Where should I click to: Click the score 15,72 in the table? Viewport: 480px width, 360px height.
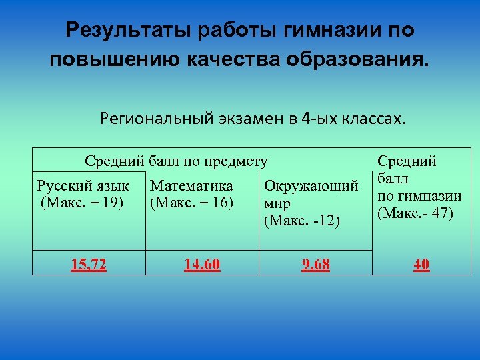click(89, 265)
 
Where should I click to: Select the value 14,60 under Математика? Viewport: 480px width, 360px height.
click(203, 265)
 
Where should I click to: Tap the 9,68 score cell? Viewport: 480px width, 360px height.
click(315, 265)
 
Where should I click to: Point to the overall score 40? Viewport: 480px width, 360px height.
click(421, 265)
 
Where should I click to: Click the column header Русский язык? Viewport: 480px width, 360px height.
click(83, 186)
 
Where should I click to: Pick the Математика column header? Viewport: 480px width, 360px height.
click(192, 186)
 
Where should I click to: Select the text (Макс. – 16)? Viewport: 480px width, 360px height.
click(192, 202)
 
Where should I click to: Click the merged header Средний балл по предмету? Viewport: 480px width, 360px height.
click(176, 161)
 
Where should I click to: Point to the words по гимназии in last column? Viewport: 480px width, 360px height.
click(419, 196)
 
